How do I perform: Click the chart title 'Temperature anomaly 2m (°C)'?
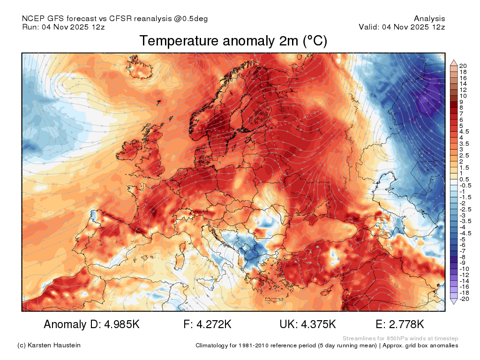click(233, 41)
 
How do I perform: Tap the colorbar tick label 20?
click(463, 66)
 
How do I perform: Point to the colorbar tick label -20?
click(464, 299)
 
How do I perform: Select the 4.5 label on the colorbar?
click(464, 132)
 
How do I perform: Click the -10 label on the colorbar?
click(464, 269)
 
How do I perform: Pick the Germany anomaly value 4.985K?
click(122, 324)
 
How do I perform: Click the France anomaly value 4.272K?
click(214, 324)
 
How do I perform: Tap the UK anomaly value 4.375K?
click(318, 324)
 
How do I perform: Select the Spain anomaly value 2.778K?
click(406, 324)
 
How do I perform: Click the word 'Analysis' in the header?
click(429, 19)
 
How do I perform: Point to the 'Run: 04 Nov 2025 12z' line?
click(63, 27)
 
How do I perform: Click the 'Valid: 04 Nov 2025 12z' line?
click(402, 27)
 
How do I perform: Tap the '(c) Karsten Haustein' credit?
click(49, 345)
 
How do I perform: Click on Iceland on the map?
click(139, 67)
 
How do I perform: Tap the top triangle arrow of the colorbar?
click(454, 63)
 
